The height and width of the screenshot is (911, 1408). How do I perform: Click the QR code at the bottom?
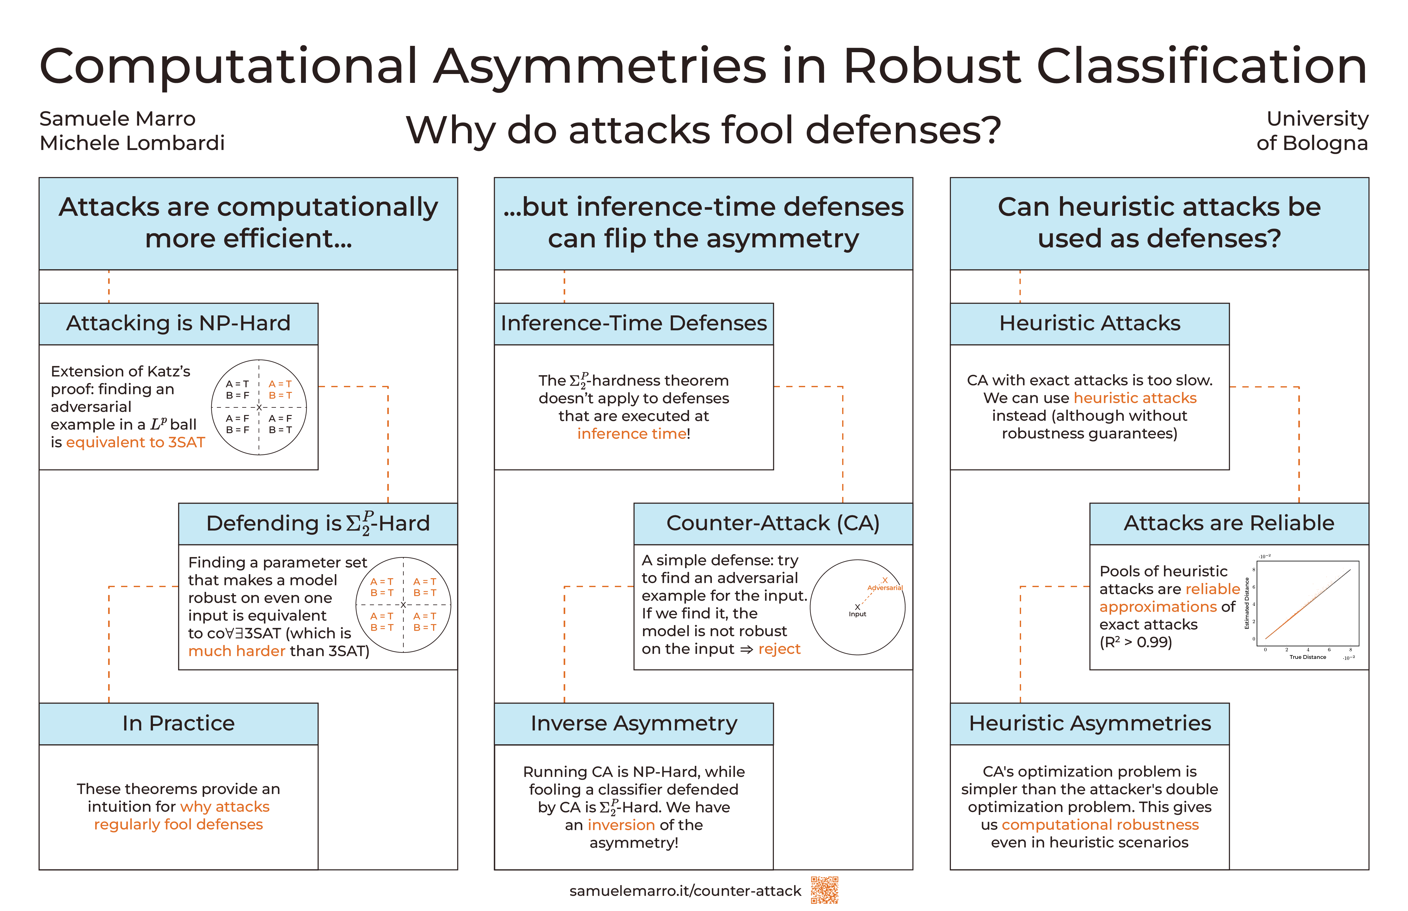click(824, 890)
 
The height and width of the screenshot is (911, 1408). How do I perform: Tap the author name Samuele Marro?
click(117, 119)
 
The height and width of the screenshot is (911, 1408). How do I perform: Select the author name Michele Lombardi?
click(132, 143)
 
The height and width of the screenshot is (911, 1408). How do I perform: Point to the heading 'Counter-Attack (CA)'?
click(773, 523)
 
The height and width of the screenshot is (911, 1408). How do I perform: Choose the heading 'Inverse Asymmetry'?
click(634, 723)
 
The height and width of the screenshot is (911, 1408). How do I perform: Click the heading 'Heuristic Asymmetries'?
click(1089, 723)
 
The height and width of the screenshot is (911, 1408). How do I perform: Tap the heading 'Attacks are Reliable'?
click(1228, 523)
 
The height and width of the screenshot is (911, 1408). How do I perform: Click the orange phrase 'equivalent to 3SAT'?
click(135, 443)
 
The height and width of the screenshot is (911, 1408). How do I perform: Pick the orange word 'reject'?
click(779, 649)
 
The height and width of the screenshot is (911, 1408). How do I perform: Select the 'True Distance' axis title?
click(1307, 657)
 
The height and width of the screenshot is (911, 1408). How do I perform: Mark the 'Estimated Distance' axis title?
click(1247, 604)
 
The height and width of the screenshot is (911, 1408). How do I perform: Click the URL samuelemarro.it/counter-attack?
click(685, 891)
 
